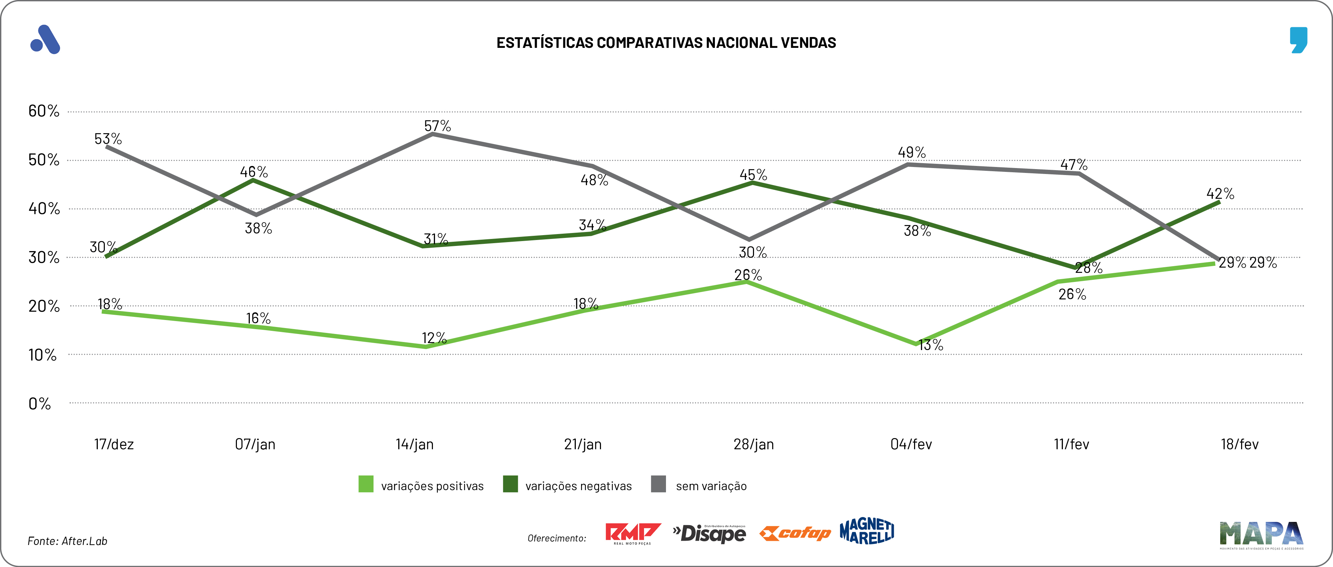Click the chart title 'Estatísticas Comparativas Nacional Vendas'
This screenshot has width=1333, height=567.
[666, 42]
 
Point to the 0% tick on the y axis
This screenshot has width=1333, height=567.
[39, 404]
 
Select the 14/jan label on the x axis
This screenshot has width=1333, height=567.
[414, 444]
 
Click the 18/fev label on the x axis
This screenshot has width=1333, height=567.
[1239, 444]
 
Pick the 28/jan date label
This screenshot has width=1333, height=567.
[753, 444]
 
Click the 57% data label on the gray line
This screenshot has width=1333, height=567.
[437, 126]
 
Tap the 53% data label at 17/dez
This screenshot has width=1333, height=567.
[108, 139]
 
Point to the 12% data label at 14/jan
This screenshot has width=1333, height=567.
[434, 338]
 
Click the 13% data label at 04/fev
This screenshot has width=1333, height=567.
[930, 345]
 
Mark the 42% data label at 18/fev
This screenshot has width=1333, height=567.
[1220, 194]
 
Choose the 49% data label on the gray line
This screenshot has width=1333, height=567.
[911, 153]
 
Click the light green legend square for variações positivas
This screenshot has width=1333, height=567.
[366, 484]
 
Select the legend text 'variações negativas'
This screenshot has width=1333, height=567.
[578, 486]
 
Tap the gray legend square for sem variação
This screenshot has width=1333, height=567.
[658, 484]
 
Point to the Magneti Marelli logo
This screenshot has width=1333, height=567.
[867, 531]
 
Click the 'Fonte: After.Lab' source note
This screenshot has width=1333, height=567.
[67, 540]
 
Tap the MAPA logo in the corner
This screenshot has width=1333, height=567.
[1261, 535]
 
